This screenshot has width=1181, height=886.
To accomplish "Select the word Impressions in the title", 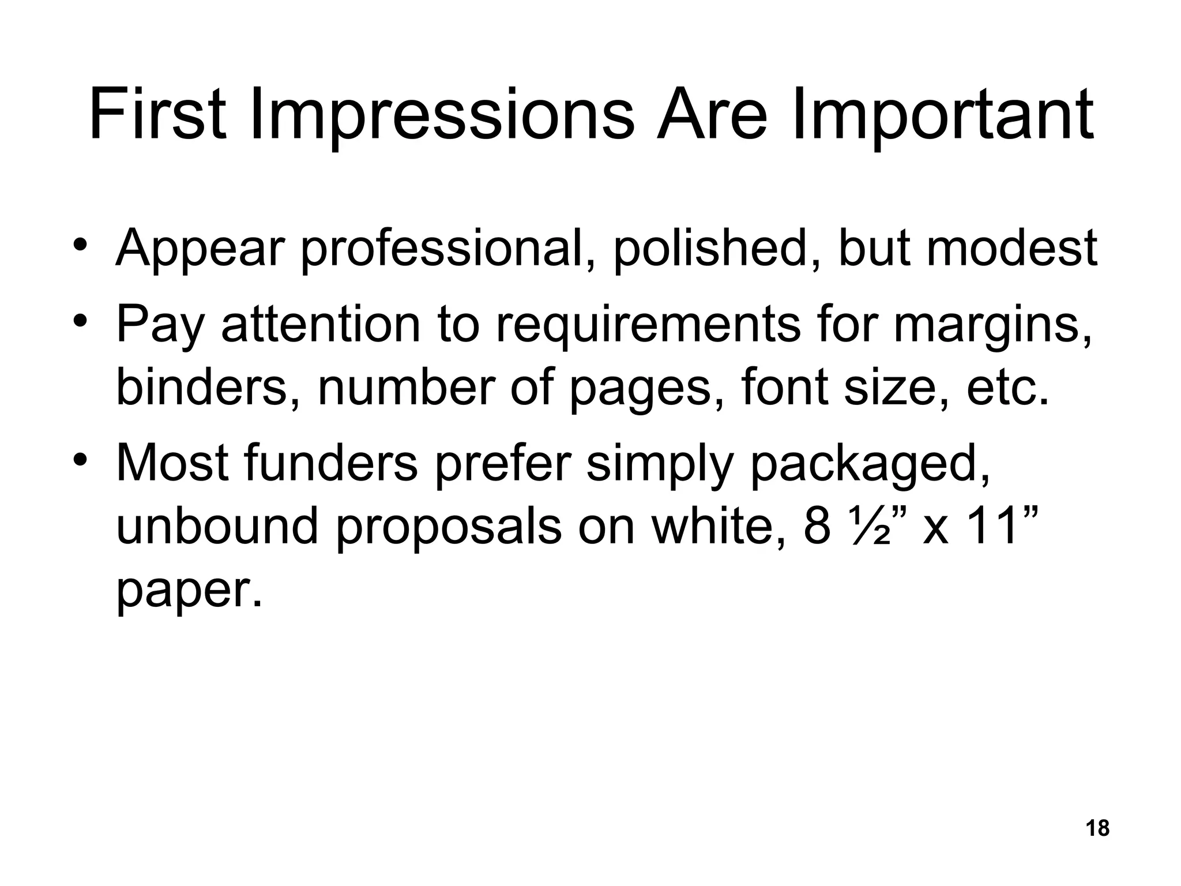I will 442,115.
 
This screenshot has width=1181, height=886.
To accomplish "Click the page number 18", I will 1097,828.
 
